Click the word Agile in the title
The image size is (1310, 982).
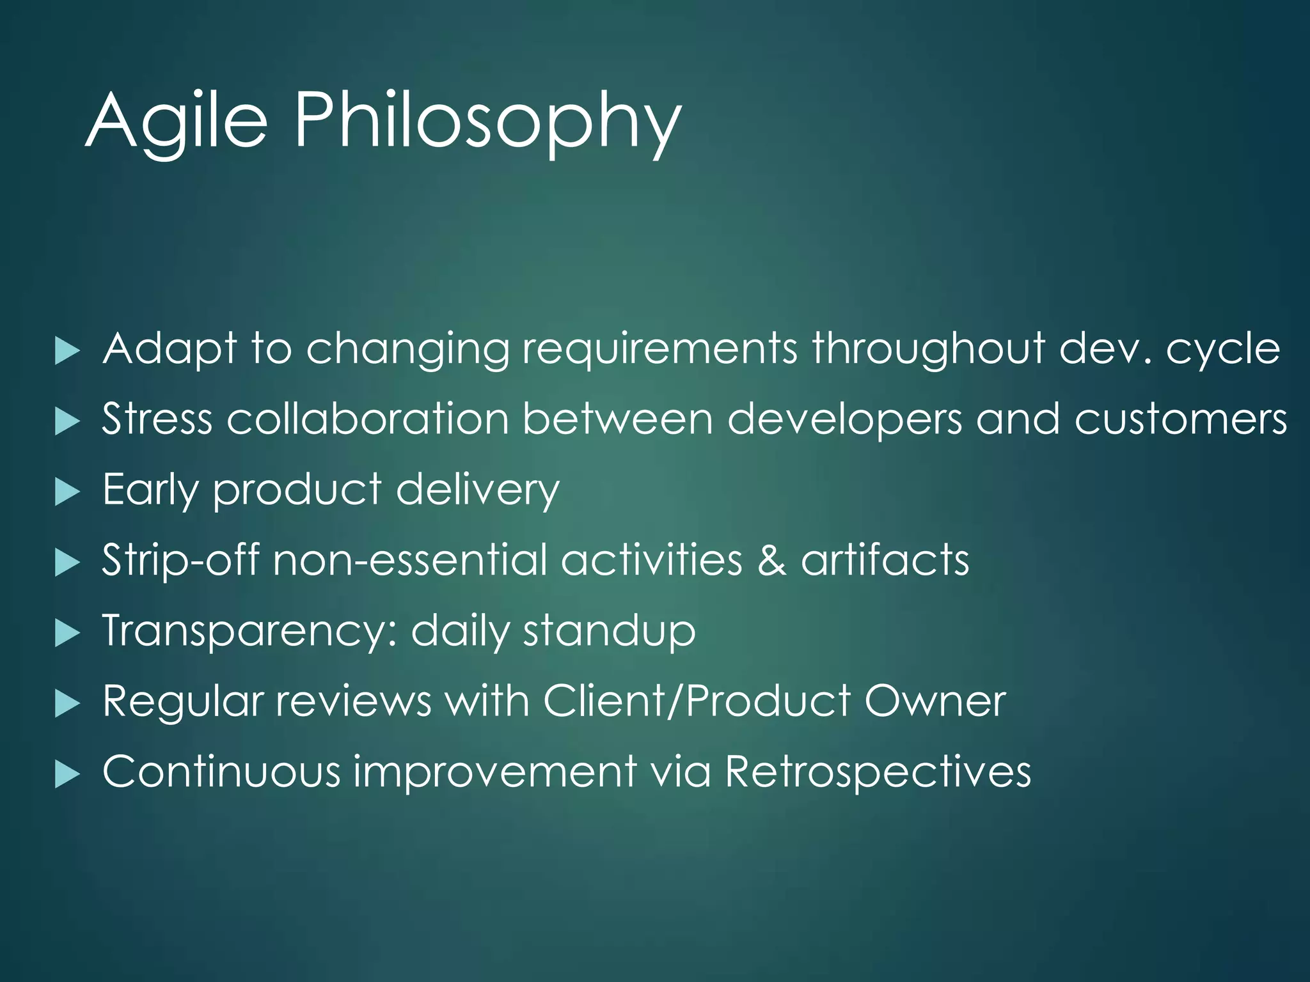coord(176,121)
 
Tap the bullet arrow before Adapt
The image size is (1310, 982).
coord(67,351)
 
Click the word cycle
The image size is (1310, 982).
coord(1222,350)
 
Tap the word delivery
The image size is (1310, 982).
coord(477,491)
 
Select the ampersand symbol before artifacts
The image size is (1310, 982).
coord(771,561)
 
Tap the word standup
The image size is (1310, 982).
coord(609,632)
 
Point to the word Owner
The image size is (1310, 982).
coord(935,701)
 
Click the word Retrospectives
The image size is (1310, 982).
coord(878,772)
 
